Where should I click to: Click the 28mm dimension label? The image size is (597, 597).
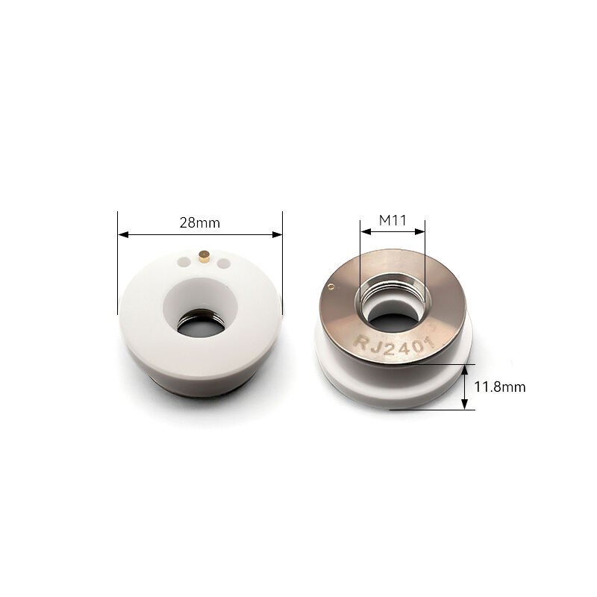click(200, 222)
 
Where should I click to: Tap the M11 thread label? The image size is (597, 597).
click(393, 220)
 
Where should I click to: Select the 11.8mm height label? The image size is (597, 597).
click(499, 387)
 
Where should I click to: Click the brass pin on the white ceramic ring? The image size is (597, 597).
click(204, 256)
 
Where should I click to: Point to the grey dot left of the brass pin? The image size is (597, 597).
click(184, 262)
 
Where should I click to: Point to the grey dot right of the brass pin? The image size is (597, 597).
click(224, 263)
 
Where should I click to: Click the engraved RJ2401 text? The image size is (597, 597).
click(395, 345)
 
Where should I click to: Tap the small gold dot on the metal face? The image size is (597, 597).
click(331, 287)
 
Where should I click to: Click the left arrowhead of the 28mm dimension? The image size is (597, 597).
click(123, 234)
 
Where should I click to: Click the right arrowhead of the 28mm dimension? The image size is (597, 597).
click(277, 234)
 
